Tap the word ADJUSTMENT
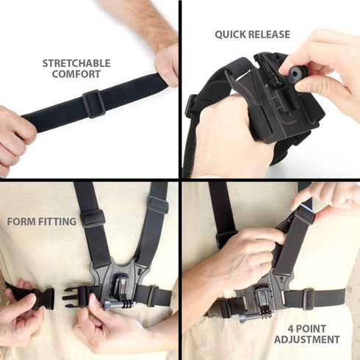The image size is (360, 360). tap(307, 339)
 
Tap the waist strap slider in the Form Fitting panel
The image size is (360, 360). tap(151, 296)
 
